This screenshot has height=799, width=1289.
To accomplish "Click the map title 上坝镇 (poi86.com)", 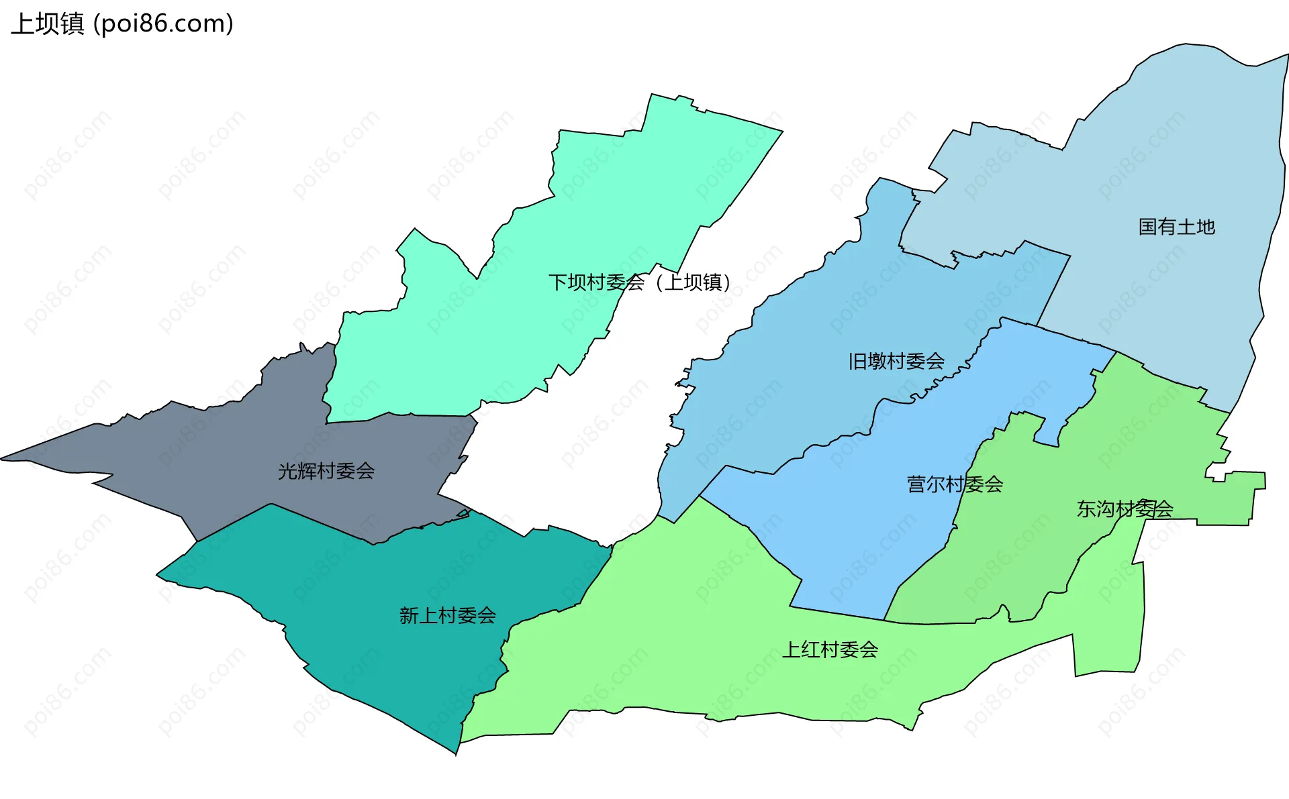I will [122, 23].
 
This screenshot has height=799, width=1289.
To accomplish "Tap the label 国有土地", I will [1176, 227].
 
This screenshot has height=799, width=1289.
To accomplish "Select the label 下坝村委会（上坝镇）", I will [639, 282].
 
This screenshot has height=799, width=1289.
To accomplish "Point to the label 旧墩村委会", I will [896, 361].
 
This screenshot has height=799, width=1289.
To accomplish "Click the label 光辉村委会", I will [326, 471].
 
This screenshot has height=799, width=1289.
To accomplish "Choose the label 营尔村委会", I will [955, 484].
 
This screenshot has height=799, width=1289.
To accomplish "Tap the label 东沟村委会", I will [1125, 509].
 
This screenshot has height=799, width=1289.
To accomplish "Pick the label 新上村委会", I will [447, 615].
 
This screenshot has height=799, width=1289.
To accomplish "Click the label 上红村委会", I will [830, 649].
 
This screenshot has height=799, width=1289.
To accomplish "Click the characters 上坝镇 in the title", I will [48, 23].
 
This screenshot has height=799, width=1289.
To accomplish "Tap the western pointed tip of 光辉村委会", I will [4, 459].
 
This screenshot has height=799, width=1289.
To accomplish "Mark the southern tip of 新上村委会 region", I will [456, 753].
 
